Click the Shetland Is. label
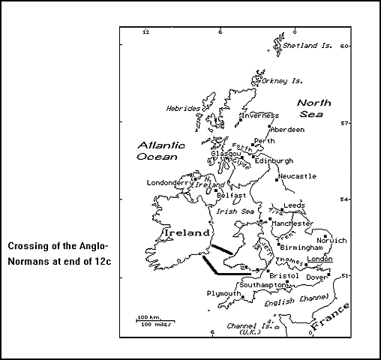coord(307,46)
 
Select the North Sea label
coord(316,109)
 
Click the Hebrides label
coord(182,109)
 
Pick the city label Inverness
coord(260,115)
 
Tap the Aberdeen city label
coord(287,129)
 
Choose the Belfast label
coord(231,195)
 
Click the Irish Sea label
coord(232,211)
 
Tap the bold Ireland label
coord(185,234)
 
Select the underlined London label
coord(319,259)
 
